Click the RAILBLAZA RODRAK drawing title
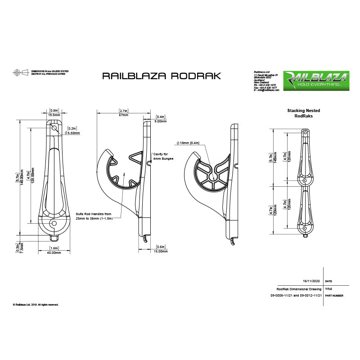tap(162, 76)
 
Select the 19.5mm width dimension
tap(54, 115)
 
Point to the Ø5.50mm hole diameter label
tap(72, 133)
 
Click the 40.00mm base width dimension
tap(54, 252)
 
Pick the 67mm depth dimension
tap(123, 115)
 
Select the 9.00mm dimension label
tap(161, 121)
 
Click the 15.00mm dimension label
tap(161, 252)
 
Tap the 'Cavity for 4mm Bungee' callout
tap(162, 156)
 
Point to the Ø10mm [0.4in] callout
tap(188, 143)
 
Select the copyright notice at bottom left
tap(36, 305)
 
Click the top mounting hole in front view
tap(54, 128)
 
